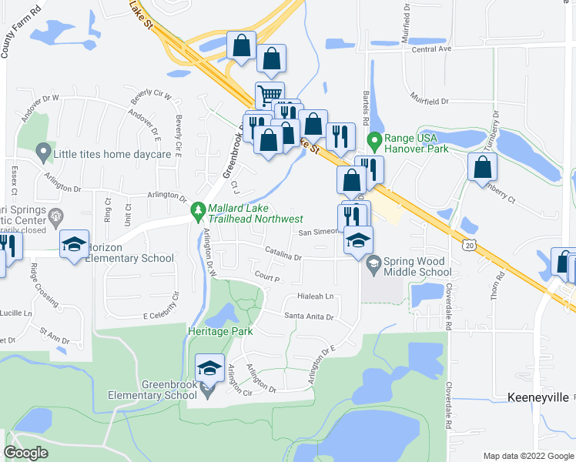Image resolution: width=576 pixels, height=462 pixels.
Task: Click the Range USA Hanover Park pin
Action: pos(375,142)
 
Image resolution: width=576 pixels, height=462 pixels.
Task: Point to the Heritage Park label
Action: pos(209,331)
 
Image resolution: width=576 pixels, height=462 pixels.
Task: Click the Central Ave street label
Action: pos(431,49)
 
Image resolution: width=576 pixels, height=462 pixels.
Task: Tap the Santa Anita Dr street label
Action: pos(309,316)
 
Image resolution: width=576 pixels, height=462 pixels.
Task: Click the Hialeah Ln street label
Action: pos(316,296)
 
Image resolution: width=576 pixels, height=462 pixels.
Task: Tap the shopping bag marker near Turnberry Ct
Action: pos(482,168)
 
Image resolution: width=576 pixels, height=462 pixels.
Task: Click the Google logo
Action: pos(26,452)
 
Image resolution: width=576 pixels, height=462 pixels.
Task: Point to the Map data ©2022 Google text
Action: pos(527,456)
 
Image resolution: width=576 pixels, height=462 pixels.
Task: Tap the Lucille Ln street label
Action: pos(17,313)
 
